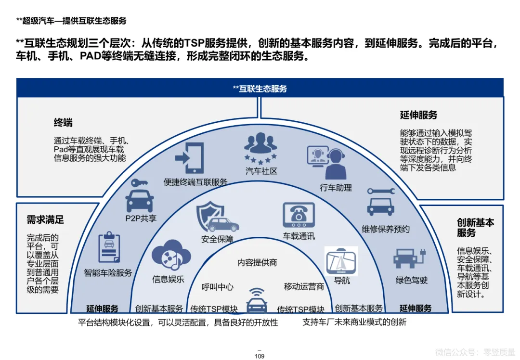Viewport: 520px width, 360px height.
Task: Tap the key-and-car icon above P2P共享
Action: click(139, 194)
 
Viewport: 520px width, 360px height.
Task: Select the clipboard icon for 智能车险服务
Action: click(109, 248)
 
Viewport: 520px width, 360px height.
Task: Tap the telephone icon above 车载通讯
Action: click(299, 215)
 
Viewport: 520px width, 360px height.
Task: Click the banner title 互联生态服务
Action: click(260, 89)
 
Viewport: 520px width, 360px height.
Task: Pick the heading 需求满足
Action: click(45, 220)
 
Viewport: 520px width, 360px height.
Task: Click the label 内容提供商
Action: click(257, 263)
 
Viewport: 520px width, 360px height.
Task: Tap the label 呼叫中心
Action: click(218, 287)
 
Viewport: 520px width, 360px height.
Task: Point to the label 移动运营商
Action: click(304, 287)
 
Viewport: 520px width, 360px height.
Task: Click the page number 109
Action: click(260, 356)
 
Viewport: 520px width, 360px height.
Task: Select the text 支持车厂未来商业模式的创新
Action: click(354, 322)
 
